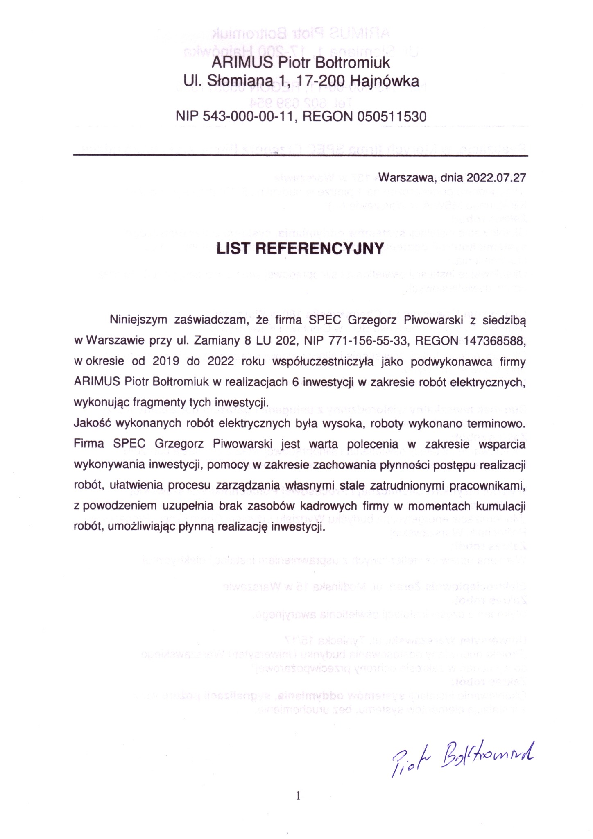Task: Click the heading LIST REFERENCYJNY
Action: coord(300,248)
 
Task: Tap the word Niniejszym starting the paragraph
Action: coord(139,320)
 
